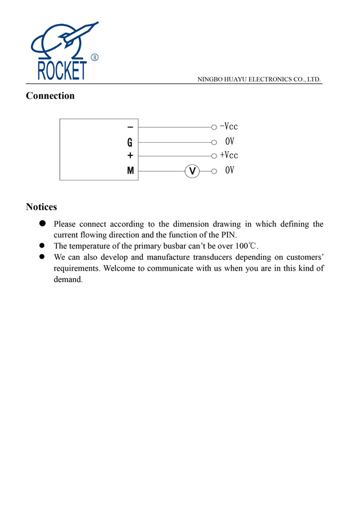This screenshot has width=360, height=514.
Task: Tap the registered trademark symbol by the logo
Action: click(x=95, y=58)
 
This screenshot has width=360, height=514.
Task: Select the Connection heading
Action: click(x=50, y=96)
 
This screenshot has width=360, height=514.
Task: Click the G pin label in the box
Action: click(x=130, y=142)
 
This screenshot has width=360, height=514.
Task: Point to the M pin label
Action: click(x=130, y=170)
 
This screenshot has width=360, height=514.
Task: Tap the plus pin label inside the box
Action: click(x=130, y=155)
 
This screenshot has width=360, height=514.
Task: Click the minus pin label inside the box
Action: click(x=130, y=127)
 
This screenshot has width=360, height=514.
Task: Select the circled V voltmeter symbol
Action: click(x=193, y=171)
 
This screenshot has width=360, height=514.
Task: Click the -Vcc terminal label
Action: click(x=229, y=127)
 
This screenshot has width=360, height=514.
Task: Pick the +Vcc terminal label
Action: click(x=229, y=155)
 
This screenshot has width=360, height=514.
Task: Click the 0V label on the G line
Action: click(x=230, y=142)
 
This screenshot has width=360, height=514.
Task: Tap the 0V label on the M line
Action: click(x=230, y=170)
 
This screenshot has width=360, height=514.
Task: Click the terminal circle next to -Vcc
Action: click(x=214, y=127)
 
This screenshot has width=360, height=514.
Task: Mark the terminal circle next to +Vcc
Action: click(x=214, y=156)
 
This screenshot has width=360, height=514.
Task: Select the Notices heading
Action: click(x=41, y=207)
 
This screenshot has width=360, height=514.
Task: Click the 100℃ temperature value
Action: click(x=246, y=246)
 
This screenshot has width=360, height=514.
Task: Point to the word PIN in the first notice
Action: click(x=227, y=235)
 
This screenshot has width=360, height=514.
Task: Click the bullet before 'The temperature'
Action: click(x=42, y=246)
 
